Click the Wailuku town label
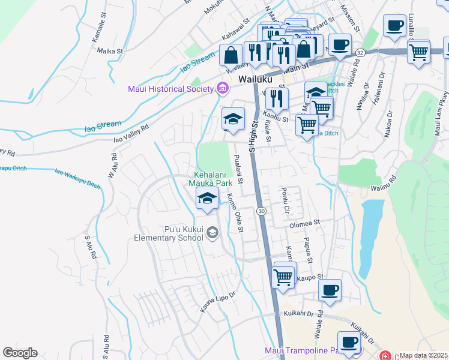click(x=255, y=79)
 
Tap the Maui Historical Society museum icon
click(x=223, y=89)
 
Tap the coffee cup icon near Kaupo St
click(x=330, y=290)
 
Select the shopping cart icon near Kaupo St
click(x=283, y=277)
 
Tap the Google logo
click(x=20, y=353)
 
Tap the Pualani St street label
click(x=238, y=169)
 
